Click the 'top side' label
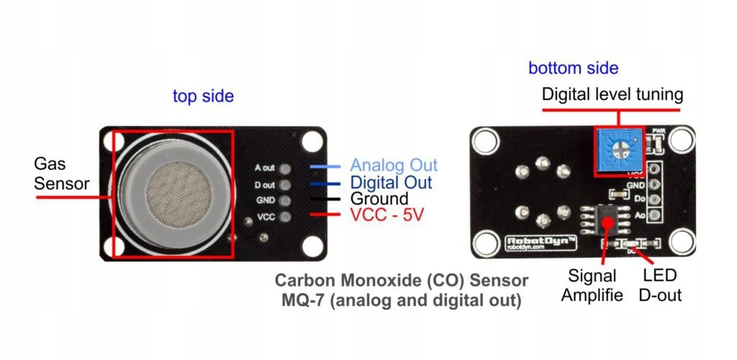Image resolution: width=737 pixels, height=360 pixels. [203, 96]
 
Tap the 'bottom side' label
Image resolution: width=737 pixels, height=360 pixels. [573, 68]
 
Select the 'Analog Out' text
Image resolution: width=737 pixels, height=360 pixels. [394, 166]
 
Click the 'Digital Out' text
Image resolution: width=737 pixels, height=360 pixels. [391, 183]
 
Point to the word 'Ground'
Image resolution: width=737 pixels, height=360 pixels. [379, 199]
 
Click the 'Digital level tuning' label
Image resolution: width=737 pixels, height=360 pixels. [612, 94]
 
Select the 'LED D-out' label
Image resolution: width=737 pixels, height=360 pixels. [660, 285]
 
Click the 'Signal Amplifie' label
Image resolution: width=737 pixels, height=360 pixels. [592, 285]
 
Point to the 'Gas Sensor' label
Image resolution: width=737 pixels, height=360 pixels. [61, 175]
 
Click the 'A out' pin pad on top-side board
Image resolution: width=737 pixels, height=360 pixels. [286, 168]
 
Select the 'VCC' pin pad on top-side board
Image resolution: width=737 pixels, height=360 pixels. [286, 217]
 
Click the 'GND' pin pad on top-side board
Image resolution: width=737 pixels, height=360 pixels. [286, 201]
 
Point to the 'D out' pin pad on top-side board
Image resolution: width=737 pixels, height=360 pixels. [286, 184]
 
